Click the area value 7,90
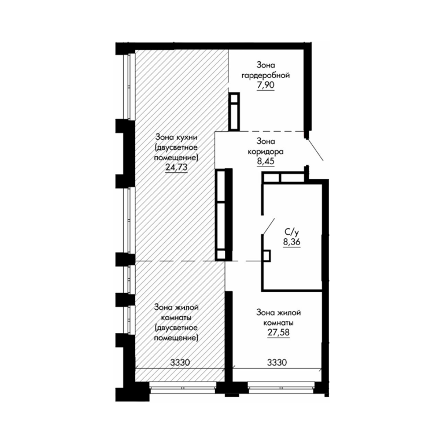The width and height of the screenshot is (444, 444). click(266, 85)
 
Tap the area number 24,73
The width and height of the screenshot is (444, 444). click(176, 167)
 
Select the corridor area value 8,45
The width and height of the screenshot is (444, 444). click(265, 161)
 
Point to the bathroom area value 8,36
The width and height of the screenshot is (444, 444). click(291, 242)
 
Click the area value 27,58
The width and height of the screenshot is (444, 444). click(279, 332)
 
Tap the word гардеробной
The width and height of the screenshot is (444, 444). click(265, 76)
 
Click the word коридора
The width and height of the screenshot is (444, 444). click(265, 151)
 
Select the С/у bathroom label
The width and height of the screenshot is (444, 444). click(291, 232)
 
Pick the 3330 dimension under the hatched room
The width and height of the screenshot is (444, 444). click(180, 362)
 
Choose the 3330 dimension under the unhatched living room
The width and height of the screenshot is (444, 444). click(277, 362)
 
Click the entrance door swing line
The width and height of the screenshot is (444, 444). click(315, 149)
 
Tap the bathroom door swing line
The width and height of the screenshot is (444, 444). click(268, 227)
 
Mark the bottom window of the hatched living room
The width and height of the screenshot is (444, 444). click(183, 388)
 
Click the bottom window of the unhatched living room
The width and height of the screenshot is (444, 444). click(281, 387)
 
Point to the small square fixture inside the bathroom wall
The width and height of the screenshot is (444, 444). click(267, 256)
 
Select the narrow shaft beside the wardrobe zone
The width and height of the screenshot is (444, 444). click(234, 111)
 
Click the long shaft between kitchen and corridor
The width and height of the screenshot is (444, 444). click(224, 214)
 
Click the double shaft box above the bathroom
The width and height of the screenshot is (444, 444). click(283, 177)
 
